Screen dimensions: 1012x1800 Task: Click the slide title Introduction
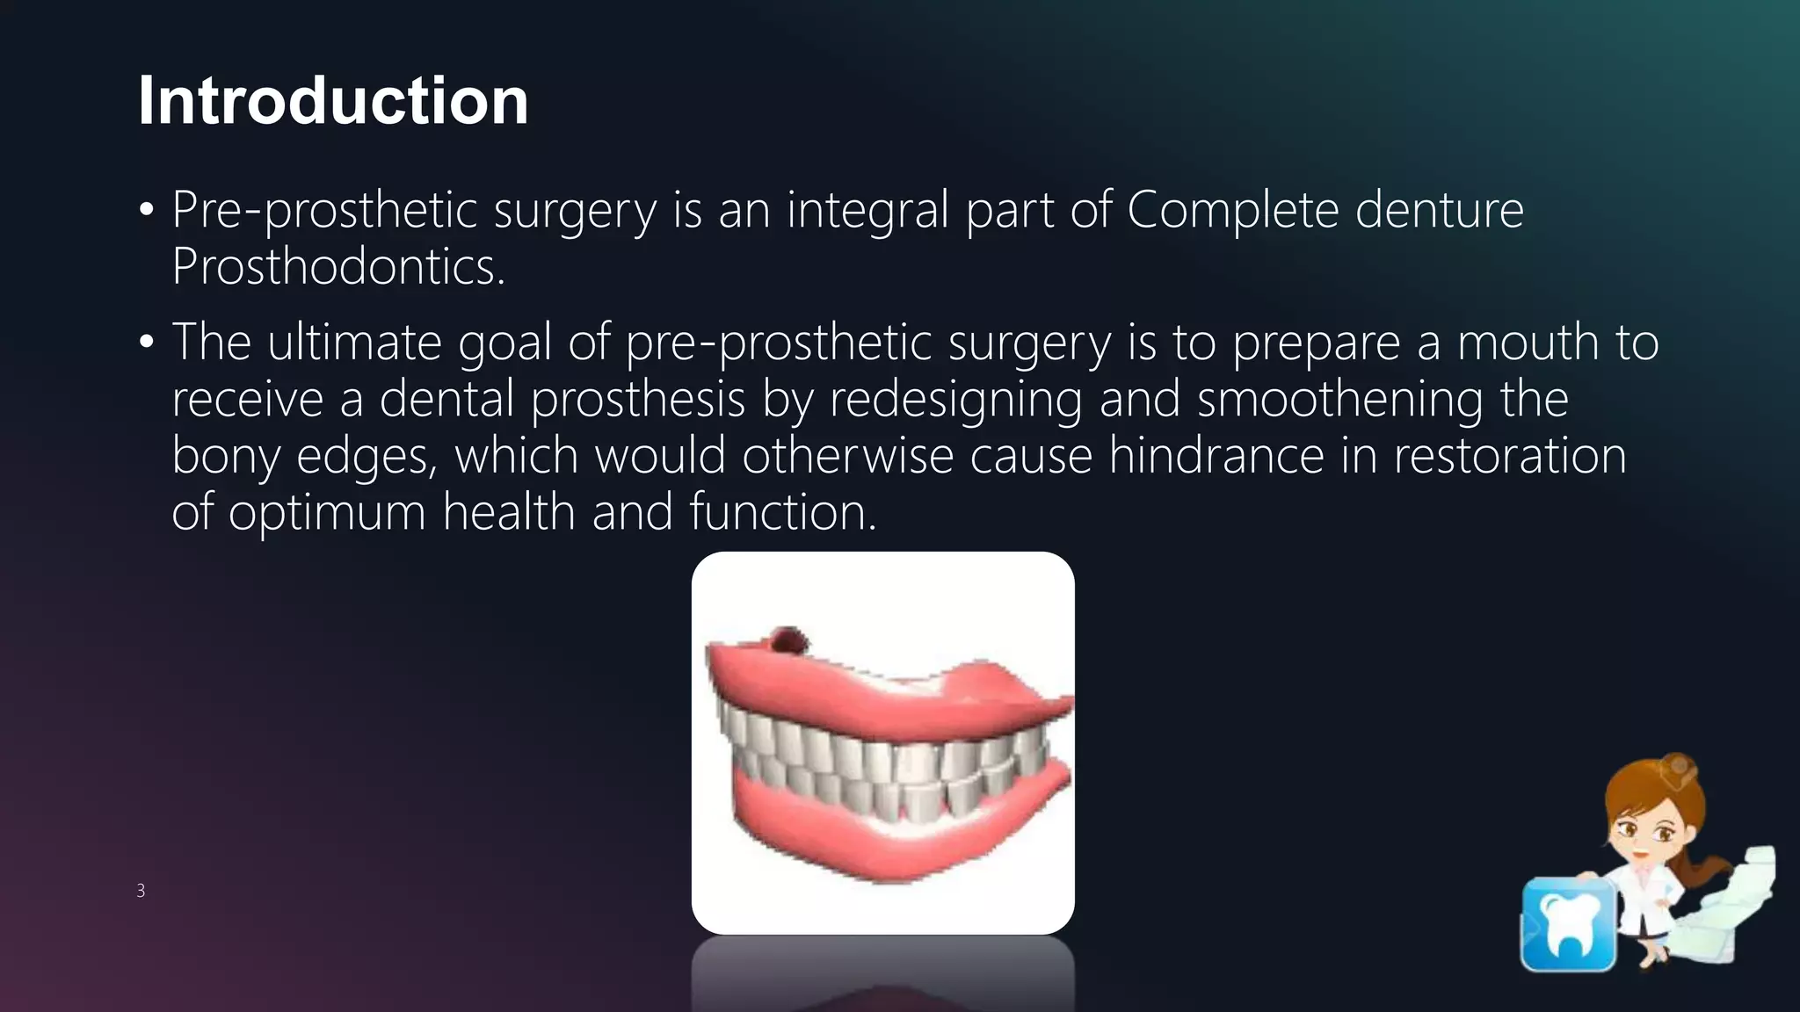click(333, 100)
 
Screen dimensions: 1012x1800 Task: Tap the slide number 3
click(141, 891)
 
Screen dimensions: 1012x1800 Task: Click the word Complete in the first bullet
click(1232, 211)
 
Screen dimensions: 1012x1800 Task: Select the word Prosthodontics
click(337, 267)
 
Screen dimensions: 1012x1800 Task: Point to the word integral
click(867, 211)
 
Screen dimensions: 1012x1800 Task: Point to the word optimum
click(327, 512)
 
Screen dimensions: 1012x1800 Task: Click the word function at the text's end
click(781, 512)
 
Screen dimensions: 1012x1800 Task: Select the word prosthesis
click(638, 399)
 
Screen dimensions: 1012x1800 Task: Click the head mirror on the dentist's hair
click(1678, 768)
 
